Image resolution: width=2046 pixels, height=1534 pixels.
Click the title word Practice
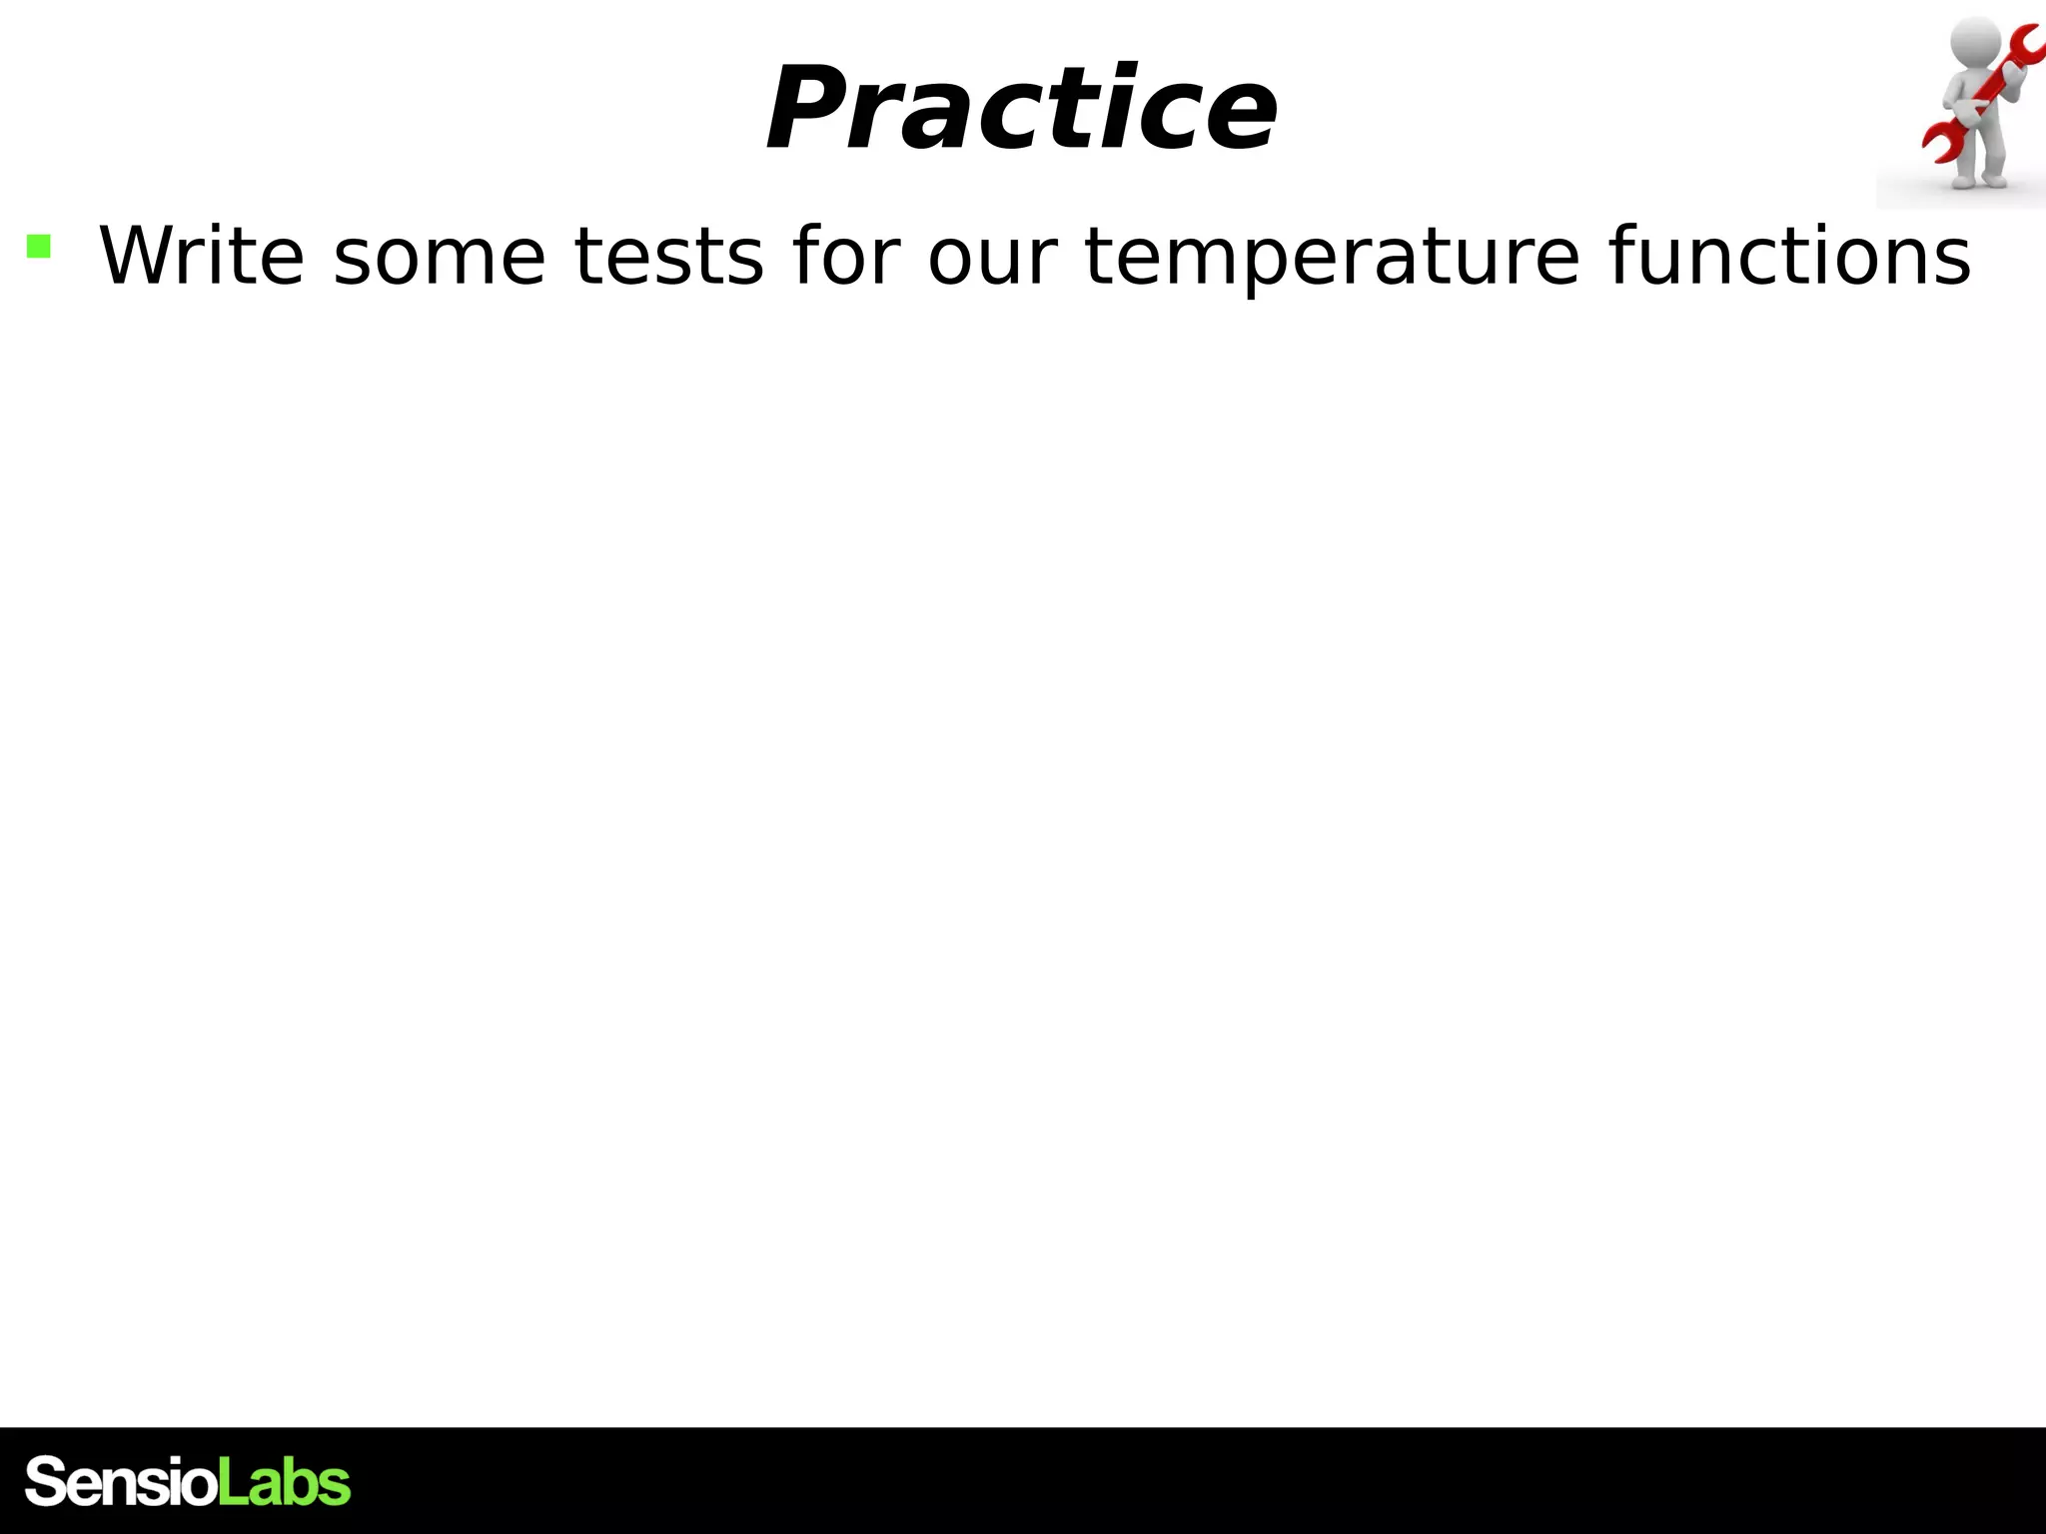(1021, 109)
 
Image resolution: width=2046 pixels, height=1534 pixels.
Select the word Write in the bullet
(201, 256)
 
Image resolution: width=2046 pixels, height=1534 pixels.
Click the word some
(439, 258)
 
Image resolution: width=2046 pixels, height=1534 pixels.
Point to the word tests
(668, 258)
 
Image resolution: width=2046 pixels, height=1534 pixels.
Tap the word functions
(1789, 256)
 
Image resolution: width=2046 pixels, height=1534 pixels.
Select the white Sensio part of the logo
(120, 1482)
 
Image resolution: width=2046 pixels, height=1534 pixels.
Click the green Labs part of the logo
(284, 1481)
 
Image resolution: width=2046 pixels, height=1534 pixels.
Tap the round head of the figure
(1974, 41)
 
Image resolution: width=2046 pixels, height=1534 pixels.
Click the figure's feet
(1979, 182)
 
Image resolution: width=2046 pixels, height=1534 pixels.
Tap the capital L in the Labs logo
(230, 1481)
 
